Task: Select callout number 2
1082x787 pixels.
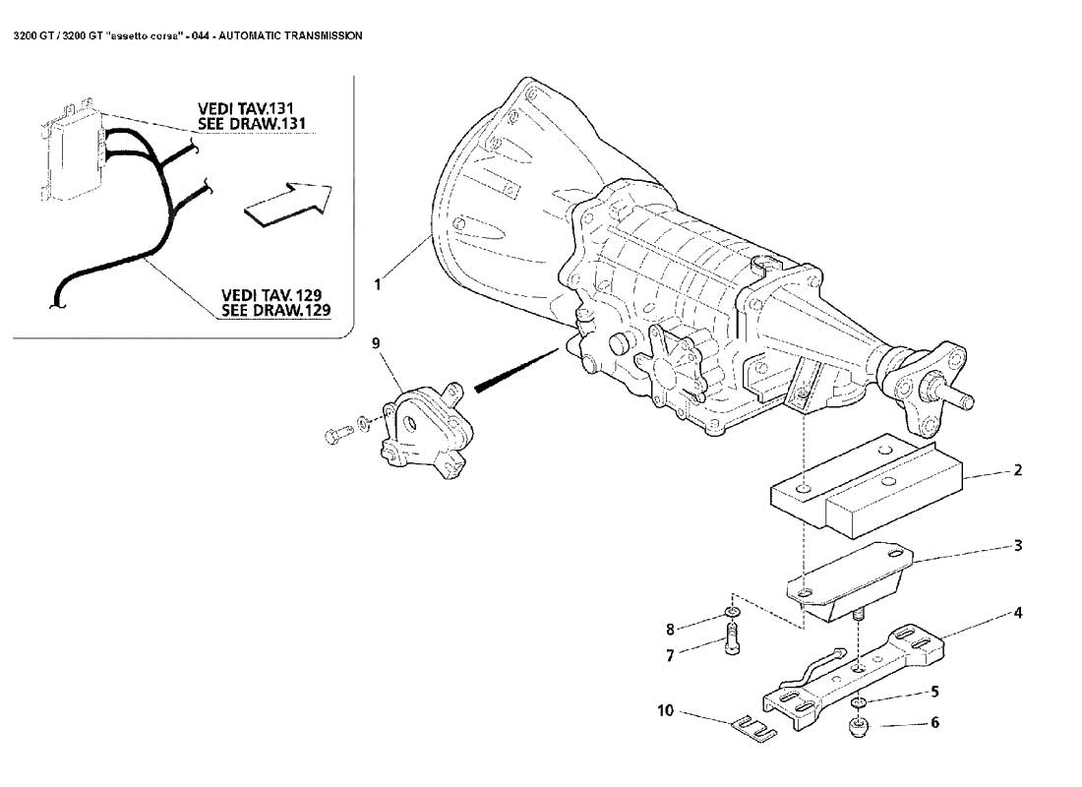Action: [1017, 470]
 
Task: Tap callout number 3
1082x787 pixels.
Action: [1017, 544]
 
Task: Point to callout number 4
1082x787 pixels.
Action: [1017, 613]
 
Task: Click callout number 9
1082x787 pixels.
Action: [376, 342]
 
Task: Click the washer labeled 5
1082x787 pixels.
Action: [859, 702]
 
